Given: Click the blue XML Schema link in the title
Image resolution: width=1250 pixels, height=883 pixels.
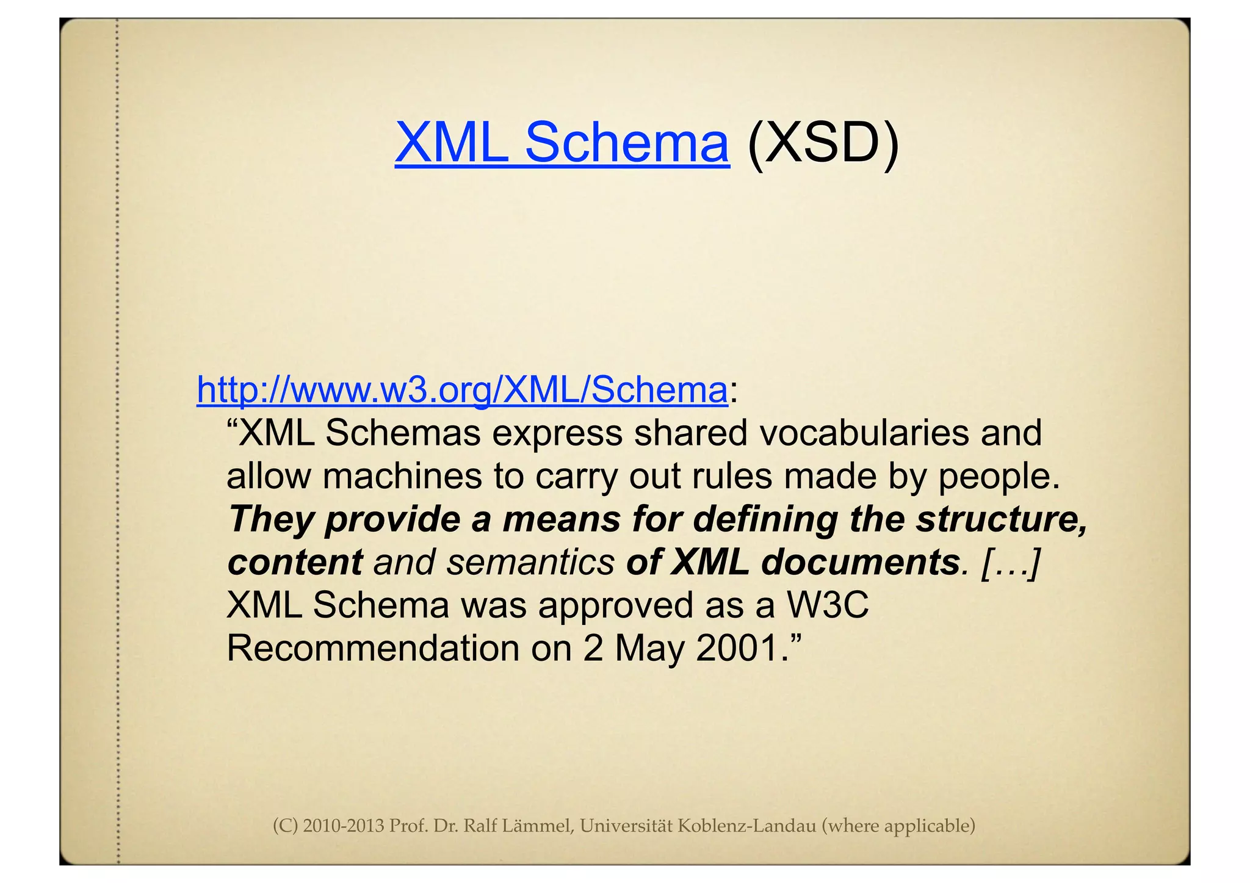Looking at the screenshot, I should [562, 142].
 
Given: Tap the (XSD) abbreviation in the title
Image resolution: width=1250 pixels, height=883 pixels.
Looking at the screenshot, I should [823, 142].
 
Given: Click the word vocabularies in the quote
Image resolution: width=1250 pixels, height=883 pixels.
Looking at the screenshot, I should [862, 433].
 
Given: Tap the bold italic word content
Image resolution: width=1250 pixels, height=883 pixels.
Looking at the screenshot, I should [295, 562].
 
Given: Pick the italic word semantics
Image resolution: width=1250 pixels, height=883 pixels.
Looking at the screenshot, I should [530, 562].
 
